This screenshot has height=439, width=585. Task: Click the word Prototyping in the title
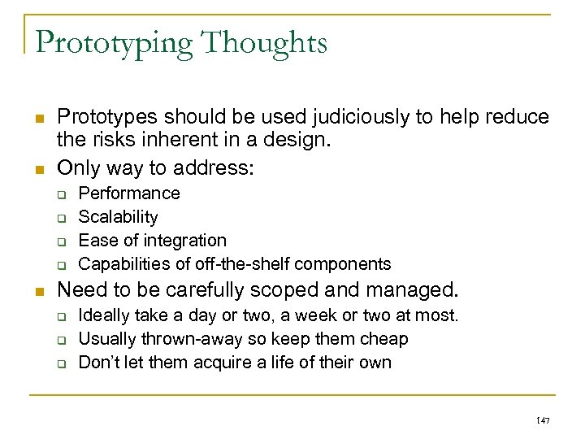pyautogui.click(x=110, y=42)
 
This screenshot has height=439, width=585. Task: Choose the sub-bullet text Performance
pyautogui.click(x=129, y=193)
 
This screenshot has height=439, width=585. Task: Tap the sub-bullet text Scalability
pyautogui.click(x=118, y=217)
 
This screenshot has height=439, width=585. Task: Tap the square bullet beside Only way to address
pyautogui.click(x=40, y=170)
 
